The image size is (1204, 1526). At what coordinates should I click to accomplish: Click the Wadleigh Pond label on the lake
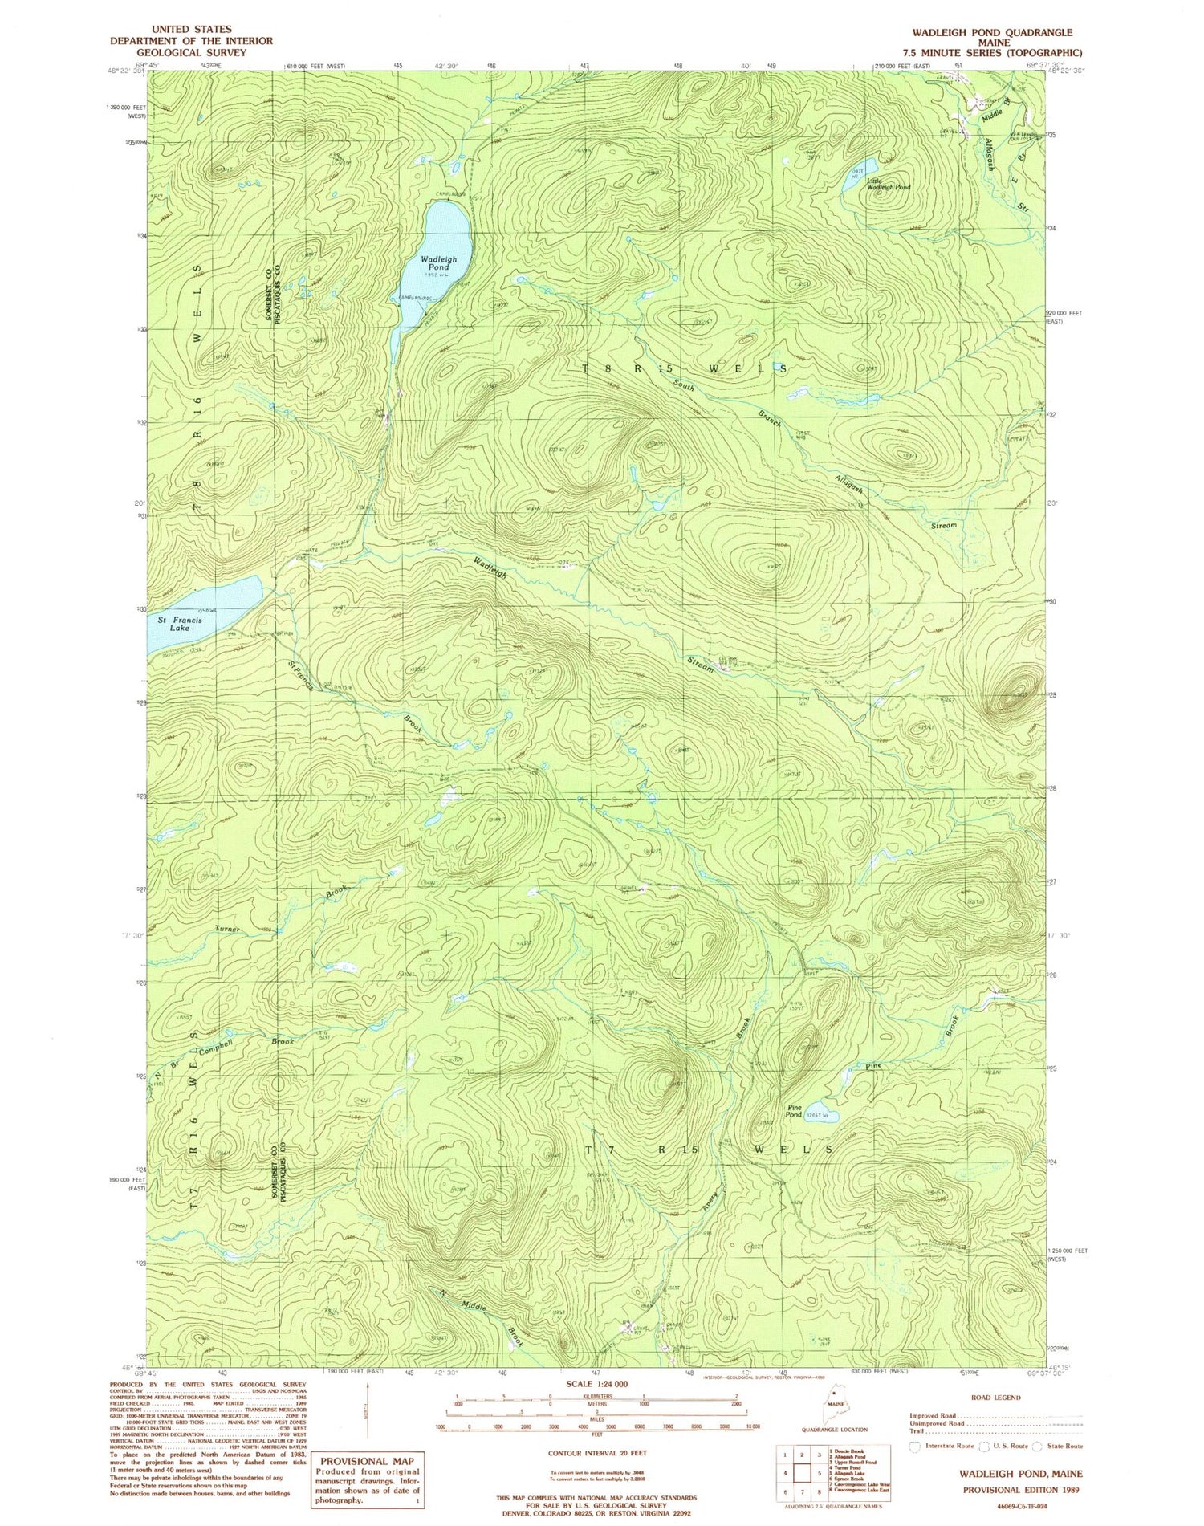438,263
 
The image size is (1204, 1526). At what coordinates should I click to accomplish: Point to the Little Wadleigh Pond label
888,183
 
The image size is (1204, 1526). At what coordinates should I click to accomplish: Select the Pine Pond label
794,1111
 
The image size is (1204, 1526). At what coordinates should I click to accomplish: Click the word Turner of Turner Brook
228,929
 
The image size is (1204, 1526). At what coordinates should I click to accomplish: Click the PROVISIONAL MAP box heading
365,1461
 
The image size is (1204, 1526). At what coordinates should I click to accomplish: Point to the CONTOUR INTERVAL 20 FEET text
597,1453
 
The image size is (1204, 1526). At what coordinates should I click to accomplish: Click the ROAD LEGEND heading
995,1398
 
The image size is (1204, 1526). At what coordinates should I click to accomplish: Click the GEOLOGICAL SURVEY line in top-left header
191,52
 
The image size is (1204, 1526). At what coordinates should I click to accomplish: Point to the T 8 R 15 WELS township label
684,368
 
